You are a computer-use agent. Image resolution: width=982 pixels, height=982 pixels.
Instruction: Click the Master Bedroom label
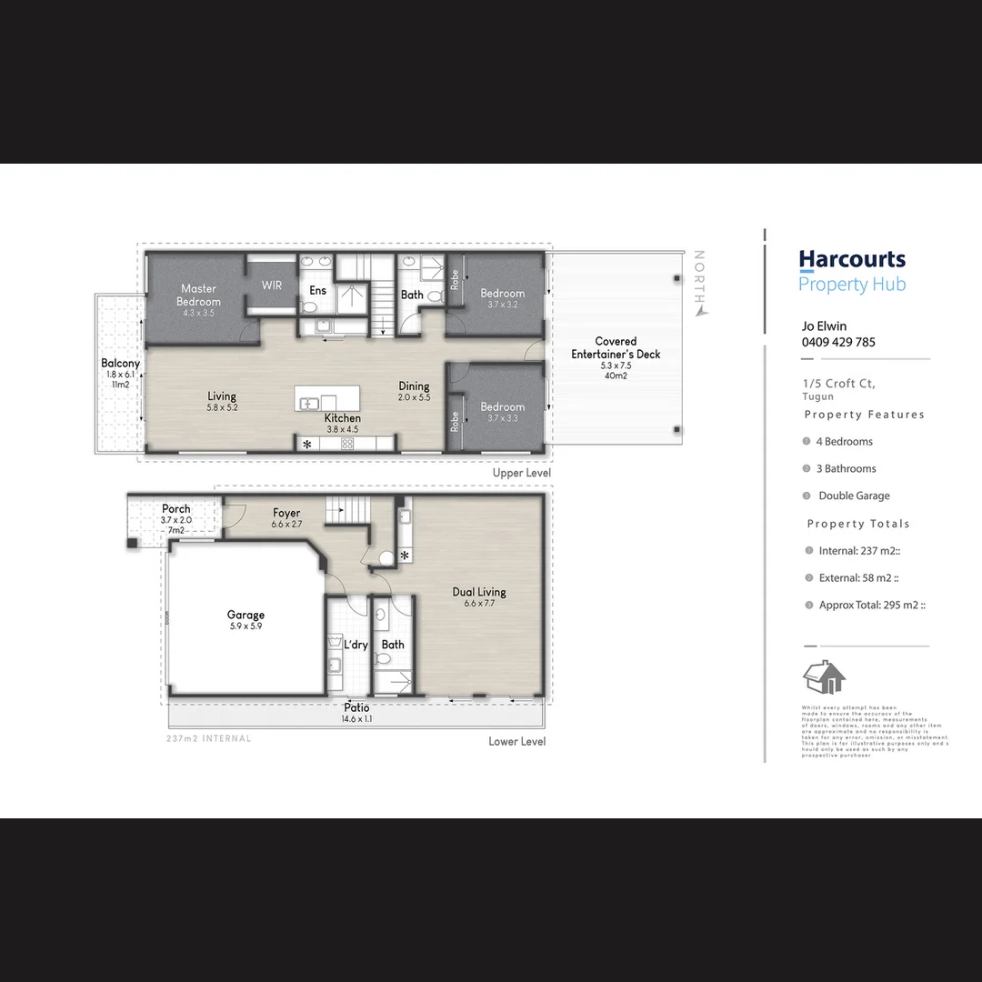[198, 295]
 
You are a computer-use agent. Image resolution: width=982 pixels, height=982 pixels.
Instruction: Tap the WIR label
[272, 286]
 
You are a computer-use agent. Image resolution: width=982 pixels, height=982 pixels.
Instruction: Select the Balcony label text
[120, 364]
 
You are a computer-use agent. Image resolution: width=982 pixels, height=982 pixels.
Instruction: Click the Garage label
[245, 616]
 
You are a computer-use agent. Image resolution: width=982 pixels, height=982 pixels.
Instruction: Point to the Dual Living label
[479, 592]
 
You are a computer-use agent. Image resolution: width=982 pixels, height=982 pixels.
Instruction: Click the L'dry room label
[356, 645]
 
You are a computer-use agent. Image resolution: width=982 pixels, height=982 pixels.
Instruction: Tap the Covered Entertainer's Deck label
[616, 348]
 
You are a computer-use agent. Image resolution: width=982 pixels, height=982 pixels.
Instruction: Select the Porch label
[176, 509]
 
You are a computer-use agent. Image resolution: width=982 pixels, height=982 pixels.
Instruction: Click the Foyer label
[286, 514]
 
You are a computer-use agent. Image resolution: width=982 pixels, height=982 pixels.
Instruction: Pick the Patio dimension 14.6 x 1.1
[356, 718]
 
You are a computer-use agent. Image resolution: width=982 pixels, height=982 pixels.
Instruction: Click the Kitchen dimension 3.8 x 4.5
[343, 429]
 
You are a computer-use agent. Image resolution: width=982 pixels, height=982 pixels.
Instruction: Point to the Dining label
[414, 386]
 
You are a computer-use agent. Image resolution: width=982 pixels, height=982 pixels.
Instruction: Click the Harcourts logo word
[852, 260]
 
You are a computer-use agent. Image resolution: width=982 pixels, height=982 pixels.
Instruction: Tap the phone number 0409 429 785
[838, 343]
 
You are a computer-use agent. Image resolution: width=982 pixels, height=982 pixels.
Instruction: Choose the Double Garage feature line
[854, 496]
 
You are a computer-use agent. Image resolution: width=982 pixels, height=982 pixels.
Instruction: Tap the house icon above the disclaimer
[824, 677]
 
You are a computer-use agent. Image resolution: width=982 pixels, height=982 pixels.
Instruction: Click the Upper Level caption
[521, 473]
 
